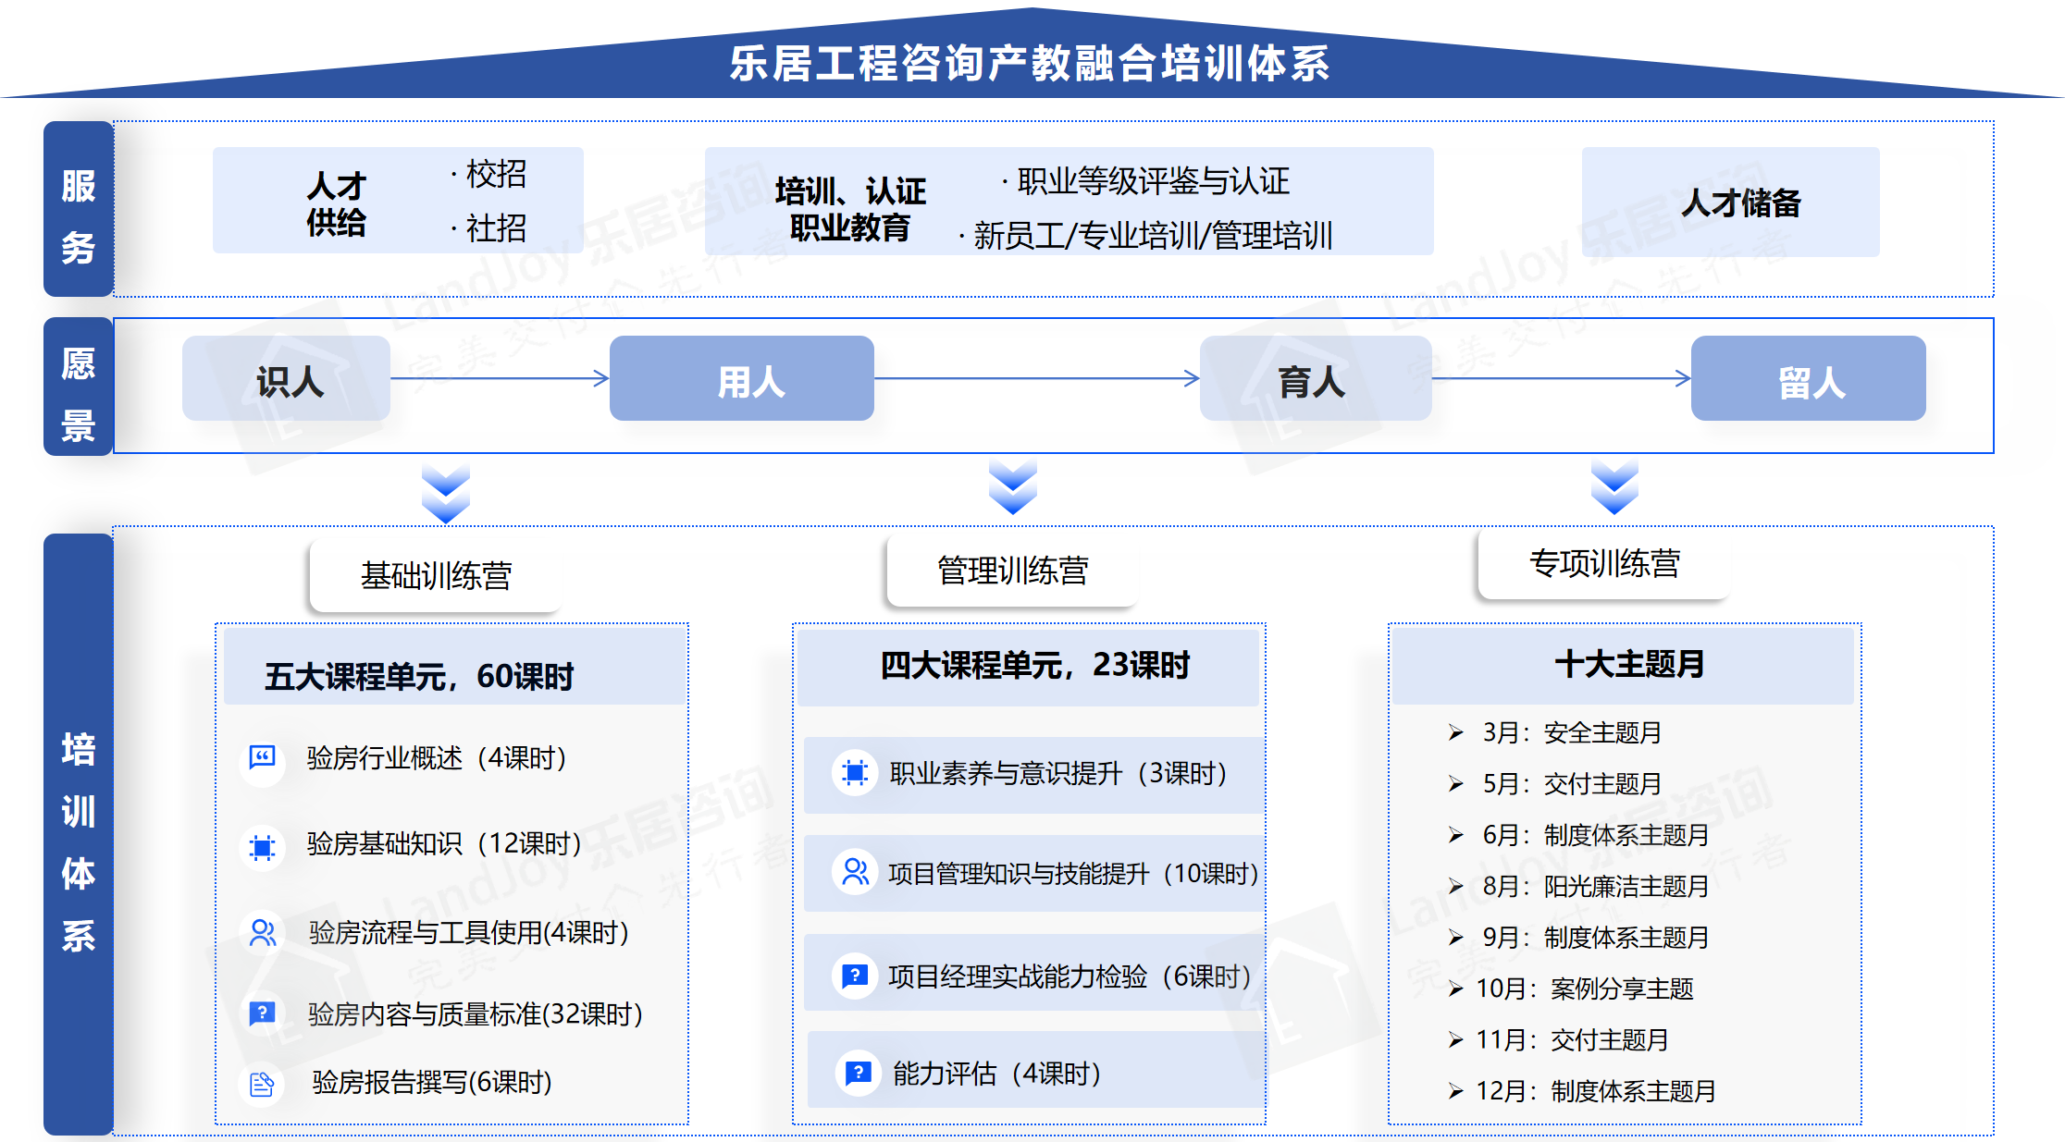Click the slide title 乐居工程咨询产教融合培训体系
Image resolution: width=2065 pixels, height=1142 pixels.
(1030, 64)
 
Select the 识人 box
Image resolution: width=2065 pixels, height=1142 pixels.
(286, 378)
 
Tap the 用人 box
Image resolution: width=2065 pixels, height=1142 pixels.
(742, 378)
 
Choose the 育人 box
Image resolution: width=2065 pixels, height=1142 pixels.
(1316, 378)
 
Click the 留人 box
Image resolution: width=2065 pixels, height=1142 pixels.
(1809, 378)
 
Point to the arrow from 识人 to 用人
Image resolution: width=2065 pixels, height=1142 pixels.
(500, 377)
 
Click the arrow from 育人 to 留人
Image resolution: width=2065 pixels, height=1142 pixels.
(1562, 377)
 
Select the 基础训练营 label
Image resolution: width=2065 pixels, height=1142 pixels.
(436, 575)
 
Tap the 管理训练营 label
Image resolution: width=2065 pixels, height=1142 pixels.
(1012, 571)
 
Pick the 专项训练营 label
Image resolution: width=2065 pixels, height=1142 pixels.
(1604, 563)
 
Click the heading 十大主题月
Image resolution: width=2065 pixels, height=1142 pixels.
(1629, 663)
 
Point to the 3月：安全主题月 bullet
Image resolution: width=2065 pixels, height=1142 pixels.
(1554, 732)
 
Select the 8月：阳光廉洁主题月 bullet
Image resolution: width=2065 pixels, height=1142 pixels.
(1578, 886)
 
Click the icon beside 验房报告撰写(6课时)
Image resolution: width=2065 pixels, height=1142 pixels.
(263, 1083)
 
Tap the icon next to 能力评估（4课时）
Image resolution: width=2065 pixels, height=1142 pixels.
(858, 1073)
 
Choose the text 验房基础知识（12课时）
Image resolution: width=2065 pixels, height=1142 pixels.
(444, 843)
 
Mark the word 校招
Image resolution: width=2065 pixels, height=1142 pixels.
(496, 174)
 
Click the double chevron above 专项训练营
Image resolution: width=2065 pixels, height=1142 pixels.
(1614, 487)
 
